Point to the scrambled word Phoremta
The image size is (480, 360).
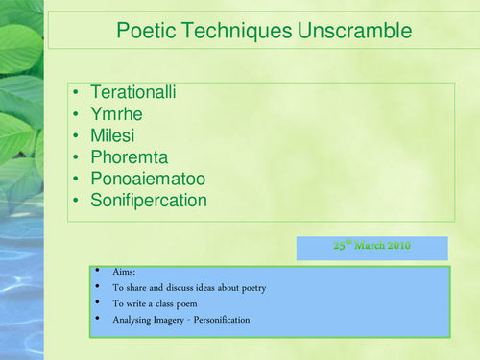[x=129, y=157]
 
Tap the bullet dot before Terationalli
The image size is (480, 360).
[x=76, y=93]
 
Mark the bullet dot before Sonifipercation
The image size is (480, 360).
[x=76, y=202]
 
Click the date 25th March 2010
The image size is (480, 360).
[x=372, y=246]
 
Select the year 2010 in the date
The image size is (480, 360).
[x=397, y=246]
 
